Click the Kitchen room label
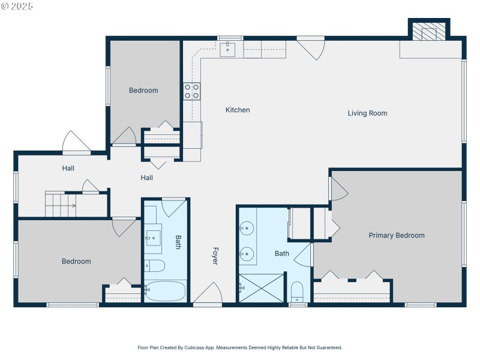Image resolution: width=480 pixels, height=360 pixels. [x=238, y=110]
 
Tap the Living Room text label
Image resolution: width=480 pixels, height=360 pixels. [x=367, y=113]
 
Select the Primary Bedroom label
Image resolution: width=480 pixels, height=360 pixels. [x=396, y=235]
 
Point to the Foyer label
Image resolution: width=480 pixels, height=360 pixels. [x=214, y=256]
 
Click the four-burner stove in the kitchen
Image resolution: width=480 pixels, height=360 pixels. [x=191, y=91]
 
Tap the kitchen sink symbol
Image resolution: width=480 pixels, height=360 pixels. [x=227, y=49]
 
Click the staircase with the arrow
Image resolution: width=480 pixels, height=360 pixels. [x=62, y=204]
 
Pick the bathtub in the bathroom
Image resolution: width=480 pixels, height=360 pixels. [x=166, y=290]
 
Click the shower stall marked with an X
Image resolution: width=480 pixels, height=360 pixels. [x=260, y=288]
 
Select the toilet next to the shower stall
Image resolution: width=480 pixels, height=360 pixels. [x=297, y=292]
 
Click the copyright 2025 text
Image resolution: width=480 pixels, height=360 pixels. [x=17, y=6]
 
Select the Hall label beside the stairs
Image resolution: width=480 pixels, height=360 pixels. [x=68, y=168]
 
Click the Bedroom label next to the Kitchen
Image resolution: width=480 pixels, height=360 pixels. [x=143, y=91]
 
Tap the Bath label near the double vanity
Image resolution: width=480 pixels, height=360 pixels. [x=282, y=253]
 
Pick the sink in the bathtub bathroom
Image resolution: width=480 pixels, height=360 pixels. [x=154, y=236]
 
